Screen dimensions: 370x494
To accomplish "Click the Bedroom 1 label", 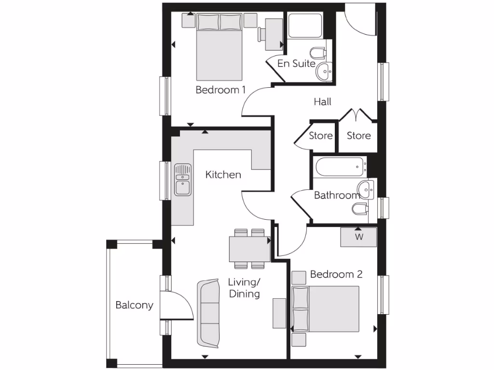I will (220, 90).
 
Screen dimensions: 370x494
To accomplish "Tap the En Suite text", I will (296, 64).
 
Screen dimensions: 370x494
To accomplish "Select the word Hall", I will (322, 102).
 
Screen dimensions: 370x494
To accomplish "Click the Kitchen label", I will (223, 174).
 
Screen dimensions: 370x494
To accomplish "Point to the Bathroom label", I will (337, 195).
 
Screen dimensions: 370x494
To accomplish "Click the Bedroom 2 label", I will (336, 274).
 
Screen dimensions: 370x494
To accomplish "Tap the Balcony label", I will (134, 305).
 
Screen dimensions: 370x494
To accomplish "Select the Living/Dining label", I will (244, 288).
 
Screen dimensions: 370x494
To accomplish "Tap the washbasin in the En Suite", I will (324, 72).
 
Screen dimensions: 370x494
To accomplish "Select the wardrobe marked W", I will (358, 237).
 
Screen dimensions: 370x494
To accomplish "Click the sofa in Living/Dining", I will (208, 313).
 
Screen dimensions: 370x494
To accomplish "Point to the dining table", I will (249, 249).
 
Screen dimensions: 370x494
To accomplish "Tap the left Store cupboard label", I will (321, 136).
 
